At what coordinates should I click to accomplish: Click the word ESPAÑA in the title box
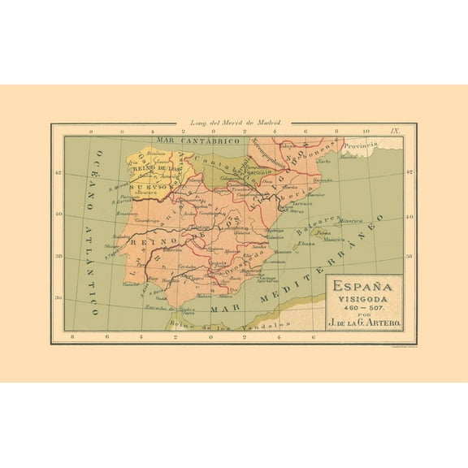click(x=359, y=288)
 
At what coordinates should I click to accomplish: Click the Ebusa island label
click(x=306, y=243)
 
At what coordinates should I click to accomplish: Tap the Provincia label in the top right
click(x=362, y=145)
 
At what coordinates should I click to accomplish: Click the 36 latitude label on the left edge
click(x=58, y=297)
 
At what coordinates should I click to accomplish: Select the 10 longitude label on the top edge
click(x=366, y=131)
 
